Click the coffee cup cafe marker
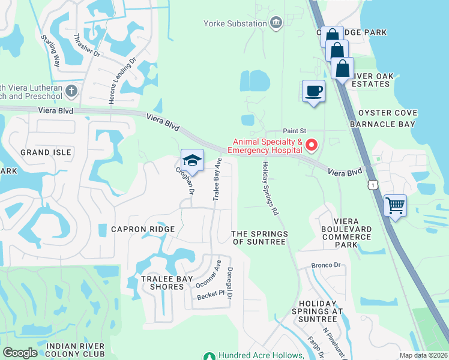pyautogui.click(x=313, y=91)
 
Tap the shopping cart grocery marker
pyautogui.click(x=395, y=206)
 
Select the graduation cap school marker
pyautogui.click(x=192, y=161)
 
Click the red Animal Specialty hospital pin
pyautogui.click(x=312, y=145)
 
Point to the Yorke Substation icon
pyautogui.click(x=276, y=23)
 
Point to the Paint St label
pyautogui.click(x=295, y=130)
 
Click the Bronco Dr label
pyautogui.click(x=325, y=265)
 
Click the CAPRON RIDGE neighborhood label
pyautogui.click(x=143, y=229)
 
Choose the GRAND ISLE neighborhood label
pyautogui.click(x=46, y=152)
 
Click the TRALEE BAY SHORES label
pyautogui.click(x=162, y=283)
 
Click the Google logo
pyautogui.click(x=20, y=353)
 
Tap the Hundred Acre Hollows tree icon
pyautogui.click(x=209, y=356)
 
